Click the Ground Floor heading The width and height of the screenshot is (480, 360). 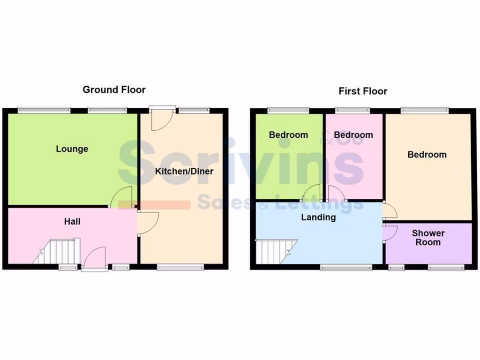tap(114, 90)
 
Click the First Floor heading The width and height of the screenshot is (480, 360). tap(363, 91)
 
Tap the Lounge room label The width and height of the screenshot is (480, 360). tap(72, 149)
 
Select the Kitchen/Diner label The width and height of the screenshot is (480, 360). tap(184, 171)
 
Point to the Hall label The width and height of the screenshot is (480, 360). tap(72, 221)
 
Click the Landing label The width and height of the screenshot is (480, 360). tap(318, 217)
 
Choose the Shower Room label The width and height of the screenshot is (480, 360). tap(428, 238)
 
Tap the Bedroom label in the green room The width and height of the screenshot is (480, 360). tap(288, 135)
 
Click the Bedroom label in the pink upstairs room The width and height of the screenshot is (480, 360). tap(353, 135)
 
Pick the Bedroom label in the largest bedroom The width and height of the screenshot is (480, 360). tap(427, 155)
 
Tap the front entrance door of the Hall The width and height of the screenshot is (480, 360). tap(95, 259)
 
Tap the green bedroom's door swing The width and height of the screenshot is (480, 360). tap(312, 193)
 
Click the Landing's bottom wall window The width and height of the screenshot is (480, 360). tap(346, 267)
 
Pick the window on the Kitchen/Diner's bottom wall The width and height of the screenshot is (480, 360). tap(180, 267)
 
